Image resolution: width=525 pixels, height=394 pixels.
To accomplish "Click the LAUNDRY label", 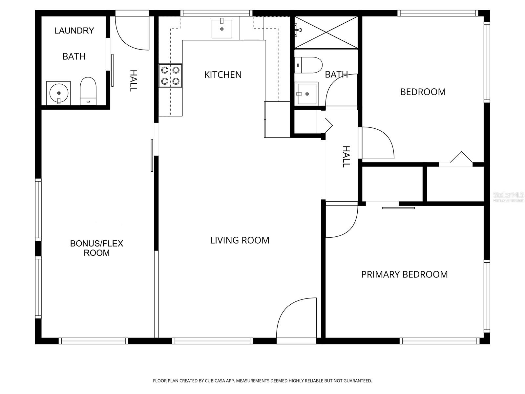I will click(74, 31).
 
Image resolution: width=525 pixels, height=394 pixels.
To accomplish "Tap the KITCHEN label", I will click(223, 75).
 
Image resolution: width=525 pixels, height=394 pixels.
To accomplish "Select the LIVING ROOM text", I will click(240, 240).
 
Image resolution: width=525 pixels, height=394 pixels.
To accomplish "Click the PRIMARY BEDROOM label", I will click(404, 274).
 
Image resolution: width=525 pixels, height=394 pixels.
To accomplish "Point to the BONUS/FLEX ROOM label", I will click(96, 248).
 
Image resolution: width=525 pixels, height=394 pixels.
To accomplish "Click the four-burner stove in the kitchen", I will click(170, 76).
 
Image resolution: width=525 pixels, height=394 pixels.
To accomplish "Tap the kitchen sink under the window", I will click(222, 29).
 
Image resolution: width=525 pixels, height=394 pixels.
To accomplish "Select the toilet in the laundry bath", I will click(88, 91).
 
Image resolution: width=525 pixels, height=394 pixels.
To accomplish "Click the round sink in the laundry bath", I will click(58, 93).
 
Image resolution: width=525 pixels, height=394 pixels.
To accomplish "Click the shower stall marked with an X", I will click(326, 33).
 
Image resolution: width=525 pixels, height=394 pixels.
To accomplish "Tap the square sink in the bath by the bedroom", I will click(307, 94).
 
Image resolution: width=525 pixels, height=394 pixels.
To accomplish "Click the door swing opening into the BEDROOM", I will click(377, 143).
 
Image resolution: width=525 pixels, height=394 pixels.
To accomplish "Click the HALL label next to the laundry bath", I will click(133, 80).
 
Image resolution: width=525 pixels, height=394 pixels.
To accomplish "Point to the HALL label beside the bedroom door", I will click(346, 157).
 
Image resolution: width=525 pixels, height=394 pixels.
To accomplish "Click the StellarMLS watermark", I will click(508, 195).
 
